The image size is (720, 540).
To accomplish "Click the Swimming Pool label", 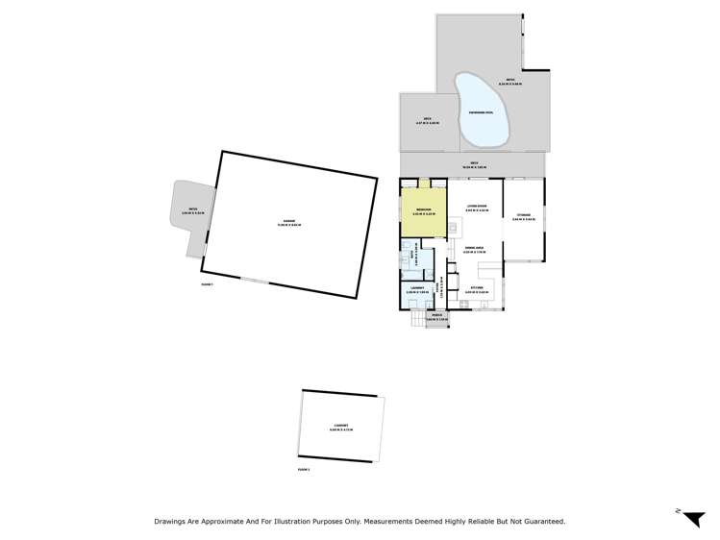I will tap(481, 113).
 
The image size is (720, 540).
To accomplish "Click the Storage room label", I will tap(523, 216).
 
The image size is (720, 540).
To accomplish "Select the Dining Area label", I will tap(474, 248).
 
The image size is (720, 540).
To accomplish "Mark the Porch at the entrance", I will tap(436, 317).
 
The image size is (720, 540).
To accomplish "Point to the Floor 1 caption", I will tap(207, 284).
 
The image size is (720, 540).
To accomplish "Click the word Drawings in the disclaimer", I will tap(173, 522).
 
